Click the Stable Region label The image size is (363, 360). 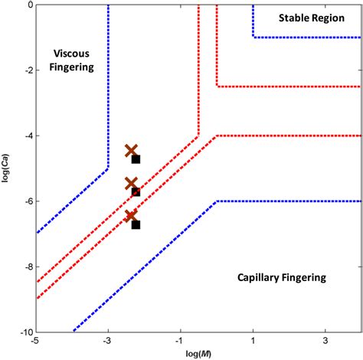point(310,18)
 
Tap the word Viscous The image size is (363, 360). point(73,53)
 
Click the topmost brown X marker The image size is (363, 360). point(131,151)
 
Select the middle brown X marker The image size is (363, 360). point(131,184)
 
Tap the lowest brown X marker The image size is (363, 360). point(131,216)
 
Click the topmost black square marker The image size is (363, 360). point(136,159)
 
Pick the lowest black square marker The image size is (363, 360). point(136,224)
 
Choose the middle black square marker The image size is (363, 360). point(136,191)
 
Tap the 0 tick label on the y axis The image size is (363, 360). point(29,5)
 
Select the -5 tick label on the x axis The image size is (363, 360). point(36,341)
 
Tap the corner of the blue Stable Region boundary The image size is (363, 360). point(253,37)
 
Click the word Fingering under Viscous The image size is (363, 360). point(73,67)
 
